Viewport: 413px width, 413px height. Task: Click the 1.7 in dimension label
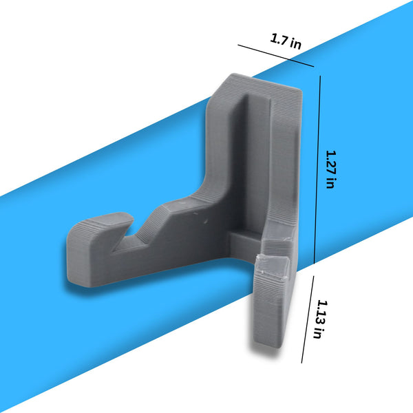click(x=286, y=41)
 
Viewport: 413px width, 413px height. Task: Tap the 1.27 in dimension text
click(x=331, y=169)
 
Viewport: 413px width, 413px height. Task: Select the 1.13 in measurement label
click(x=321, y=319)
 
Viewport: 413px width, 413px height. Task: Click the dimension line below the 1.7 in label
click(x=276, y=56)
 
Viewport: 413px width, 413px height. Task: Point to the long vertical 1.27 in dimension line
click(x=317, y=169)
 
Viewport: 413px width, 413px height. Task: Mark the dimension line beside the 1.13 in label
click(x=308, y=319)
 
